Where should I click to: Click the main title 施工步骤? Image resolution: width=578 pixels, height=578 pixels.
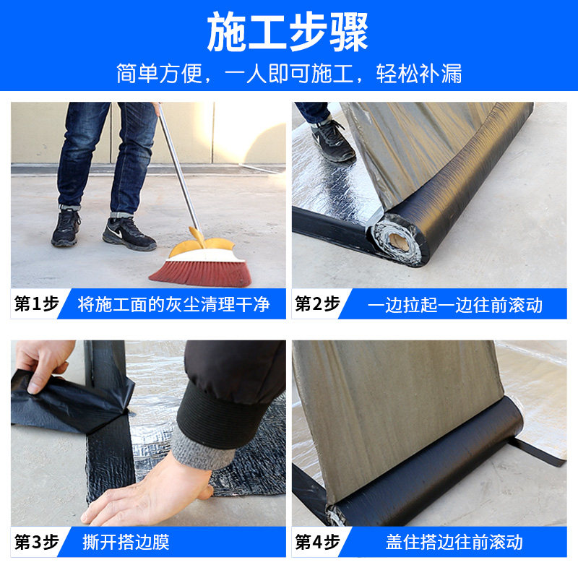pos(288,32)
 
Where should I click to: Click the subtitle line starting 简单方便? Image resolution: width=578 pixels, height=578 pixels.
pos(290,74)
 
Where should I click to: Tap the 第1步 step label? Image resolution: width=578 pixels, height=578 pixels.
pos(37,303)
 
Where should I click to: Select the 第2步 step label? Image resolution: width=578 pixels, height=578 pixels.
pos(317,303)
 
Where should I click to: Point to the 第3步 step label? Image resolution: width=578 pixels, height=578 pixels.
pos(37,542)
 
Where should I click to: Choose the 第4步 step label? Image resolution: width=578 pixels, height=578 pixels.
pos(317,542)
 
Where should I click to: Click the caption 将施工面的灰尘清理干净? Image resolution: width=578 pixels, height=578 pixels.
pos(173,304)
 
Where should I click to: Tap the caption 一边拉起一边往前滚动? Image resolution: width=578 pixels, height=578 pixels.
pos(455,305)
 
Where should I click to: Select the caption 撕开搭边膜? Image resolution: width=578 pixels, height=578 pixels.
pos(126,542)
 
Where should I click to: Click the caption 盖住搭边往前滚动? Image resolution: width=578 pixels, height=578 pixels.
pos(454,543)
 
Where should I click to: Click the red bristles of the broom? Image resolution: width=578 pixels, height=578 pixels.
pos(201,274)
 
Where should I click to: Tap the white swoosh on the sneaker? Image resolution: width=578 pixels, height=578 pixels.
pos(116,233)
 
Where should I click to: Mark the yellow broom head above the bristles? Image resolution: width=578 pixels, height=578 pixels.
pos(204,248)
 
